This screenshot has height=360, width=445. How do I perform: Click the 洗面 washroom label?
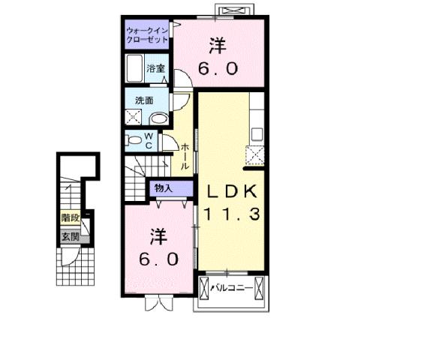pyautogui.click(x=144, y=100)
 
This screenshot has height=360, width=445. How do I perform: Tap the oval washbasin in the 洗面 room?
pyautogui.click(x=158, y=118)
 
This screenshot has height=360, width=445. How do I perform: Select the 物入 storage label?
pyautogui.click(x=163, y=187)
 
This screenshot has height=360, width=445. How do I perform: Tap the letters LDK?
pyautogui.click(x=233, y=190)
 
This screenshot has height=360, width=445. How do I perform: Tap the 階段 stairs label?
pyautogui.click(x=71, y=219)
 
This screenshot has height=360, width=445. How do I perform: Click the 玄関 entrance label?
pyautogui.click(x=71, y=237)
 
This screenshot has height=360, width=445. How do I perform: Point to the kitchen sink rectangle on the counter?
pyautogui.click(x=257, y=133)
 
